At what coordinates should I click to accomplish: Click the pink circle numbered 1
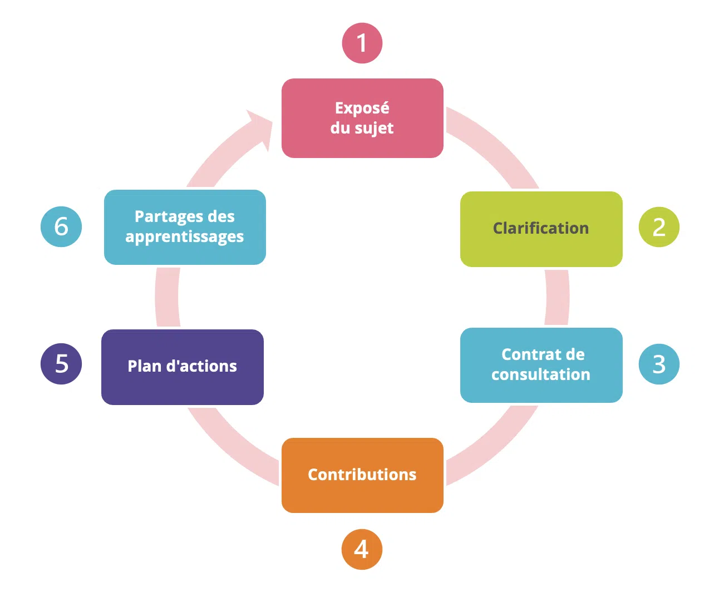(362, 43)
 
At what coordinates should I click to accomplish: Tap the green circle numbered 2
(659, 227)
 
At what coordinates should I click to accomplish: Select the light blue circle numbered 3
(659, 364)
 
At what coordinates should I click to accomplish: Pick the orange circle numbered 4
(362, 549)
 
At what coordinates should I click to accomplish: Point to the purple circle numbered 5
(61, 364)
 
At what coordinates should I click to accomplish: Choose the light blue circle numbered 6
(61, 226)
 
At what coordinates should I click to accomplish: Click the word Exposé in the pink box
(362, 108)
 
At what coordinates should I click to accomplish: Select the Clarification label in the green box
(540, 228)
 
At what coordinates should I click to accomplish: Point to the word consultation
(540, 374)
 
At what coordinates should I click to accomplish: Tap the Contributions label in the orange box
(362, 475)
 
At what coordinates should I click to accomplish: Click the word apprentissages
(184, 237)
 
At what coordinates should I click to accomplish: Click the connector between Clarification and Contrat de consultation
(557, 297)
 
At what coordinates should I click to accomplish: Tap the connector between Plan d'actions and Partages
(167, 297)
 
